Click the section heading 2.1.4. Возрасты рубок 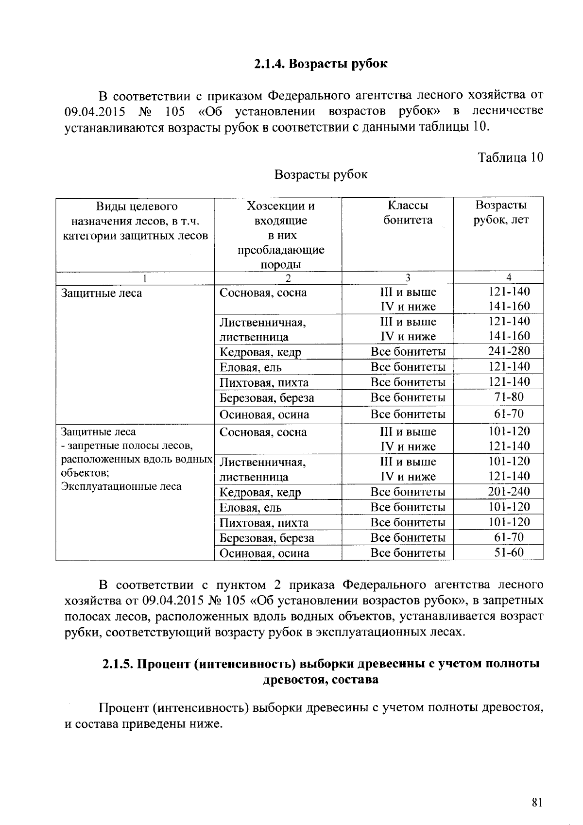coord(321,64)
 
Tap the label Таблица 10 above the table coord(511,157)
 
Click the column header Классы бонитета coord(408,212)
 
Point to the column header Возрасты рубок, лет coord(501,212)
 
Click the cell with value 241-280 coord(509,351)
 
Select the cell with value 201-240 coord(509,491)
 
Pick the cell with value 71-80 coord(509,397)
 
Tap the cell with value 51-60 coord(509,552)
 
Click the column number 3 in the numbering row coord(408,277)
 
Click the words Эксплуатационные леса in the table coord(121,486)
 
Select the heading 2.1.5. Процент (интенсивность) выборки coord(321,664)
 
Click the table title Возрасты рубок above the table coord(321,174)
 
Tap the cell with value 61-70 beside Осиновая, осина coord(509,413)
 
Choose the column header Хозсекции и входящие coord(281,213)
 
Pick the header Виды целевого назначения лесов coord(137,221)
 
